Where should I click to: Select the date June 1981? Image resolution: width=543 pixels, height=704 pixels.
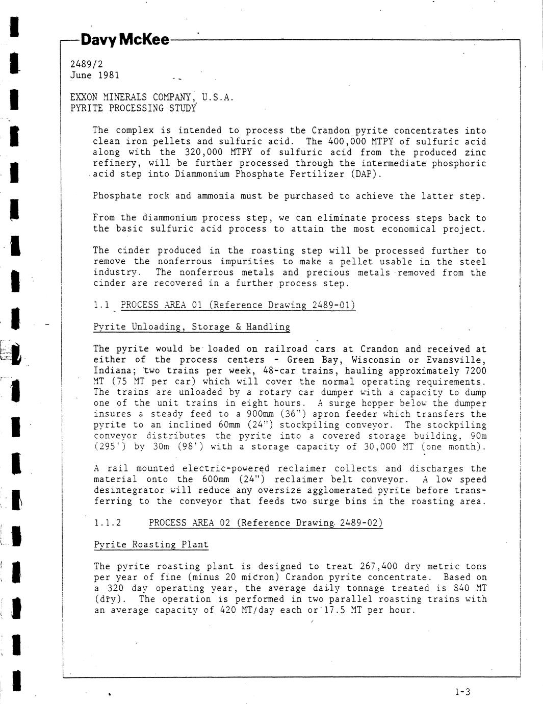click(x=95, y=76)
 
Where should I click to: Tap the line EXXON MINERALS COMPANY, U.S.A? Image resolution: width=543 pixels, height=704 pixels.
click(x=152, y=97)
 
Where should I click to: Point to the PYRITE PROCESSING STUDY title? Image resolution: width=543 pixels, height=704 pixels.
click(x=133, y=108)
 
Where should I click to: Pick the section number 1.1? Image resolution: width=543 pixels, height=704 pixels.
click(x=102, y=305)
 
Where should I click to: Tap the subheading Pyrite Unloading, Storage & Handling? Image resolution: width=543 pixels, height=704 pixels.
click(x=192, y=327)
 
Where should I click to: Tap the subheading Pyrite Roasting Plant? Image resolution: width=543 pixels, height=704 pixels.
click(x=151, y=544)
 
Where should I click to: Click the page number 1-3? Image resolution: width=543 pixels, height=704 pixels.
click(x=462, y=692)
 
